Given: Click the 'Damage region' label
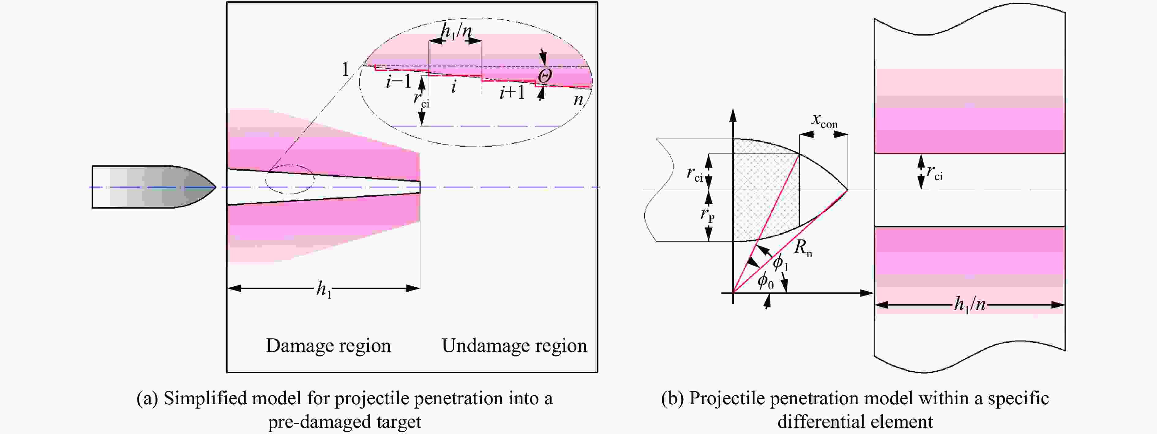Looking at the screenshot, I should click(x=328, y=345).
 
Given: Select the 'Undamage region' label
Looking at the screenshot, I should click(x=514, y=345).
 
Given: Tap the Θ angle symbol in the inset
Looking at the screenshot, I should click(x=545, y=75).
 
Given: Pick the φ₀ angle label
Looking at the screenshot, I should click(x=765, y=281).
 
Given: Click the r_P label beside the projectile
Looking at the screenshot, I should click(x=707, y=215).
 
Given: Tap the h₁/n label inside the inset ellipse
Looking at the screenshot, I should click(x=456, y=32).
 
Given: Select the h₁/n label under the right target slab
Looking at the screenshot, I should click(x=970, y=305).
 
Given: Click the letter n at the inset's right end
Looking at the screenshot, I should click(x=578, y=99).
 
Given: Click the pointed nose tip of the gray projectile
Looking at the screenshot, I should click(x=215, y=187).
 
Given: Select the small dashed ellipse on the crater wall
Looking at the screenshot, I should click(x=290, y=179).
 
